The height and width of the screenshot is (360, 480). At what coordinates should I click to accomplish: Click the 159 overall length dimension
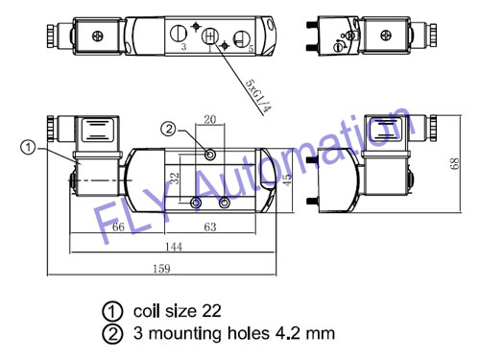tap(161, 268)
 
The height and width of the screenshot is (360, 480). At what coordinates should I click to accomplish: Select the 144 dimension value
tap(174, 247)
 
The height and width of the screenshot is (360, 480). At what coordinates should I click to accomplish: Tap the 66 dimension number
tap(118, 227)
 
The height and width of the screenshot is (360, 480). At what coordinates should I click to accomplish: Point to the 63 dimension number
tap(210, 227)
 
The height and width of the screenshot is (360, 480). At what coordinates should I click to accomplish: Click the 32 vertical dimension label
tap(175, 178)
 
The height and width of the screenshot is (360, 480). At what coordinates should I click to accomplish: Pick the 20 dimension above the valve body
tap(210, 119)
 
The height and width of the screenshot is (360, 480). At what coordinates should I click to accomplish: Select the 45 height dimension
tap(288, 180)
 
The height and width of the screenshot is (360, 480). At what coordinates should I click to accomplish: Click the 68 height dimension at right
tap(455, 163)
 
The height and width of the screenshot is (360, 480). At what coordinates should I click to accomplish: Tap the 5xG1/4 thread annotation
tap(258, 96)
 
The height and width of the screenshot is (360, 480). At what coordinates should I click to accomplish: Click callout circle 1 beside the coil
tap(28, 148)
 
